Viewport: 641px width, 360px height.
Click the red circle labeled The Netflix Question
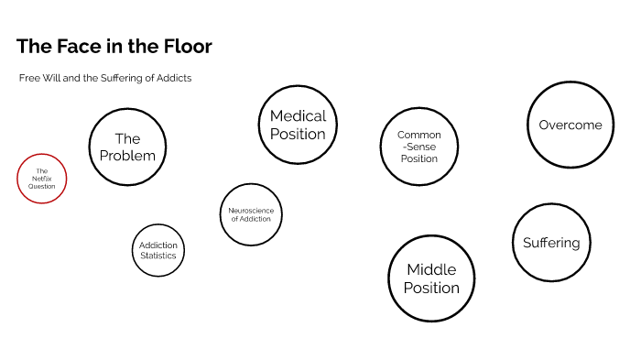[x=42, y=179]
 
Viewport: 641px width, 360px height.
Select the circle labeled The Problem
[x=127, y=147]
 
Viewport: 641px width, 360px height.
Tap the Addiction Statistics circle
[x=158, y=250]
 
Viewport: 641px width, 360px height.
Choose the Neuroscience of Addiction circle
[x=251, y=214]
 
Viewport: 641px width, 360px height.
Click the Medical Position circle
[x=298, y=125]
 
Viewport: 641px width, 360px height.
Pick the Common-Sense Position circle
[x=418, y=147]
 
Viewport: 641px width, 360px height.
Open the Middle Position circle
[x=431, y=278]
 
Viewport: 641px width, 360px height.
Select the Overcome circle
[x=570, y=125]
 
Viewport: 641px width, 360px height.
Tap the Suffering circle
[x=551, y=243]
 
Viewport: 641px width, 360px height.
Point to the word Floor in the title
[x=186, y=47]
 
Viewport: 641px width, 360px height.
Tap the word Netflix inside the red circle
[x=42, y=179]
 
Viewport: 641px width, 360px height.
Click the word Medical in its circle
[x=298, y=116]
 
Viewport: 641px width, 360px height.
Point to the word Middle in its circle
[x=431, y=270]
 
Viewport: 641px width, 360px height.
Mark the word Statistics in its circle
[x=158, y=256]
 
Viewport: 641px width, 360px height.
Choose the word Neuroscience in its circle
[x=251, y=210]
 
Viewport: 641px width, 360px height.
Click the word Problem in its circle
[x=127, y=156]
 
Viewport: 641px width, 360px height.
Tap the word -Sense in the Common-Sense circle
[x=418, y=147]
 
